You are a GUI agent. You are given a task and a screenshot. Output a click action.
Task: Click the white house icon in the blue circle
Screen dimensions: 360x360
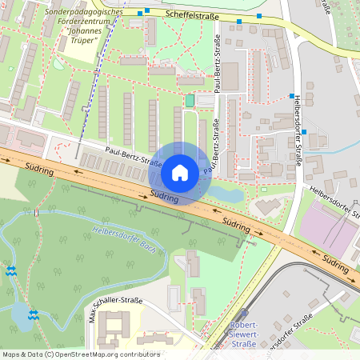(x=180, y=173)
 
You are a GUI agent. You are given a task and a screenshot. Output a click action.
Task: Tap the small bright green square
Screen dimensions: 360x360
(x=190, y=101)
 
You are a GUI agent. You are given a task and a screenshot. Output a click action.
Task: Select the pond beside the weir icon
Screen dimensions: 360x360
(x=21, y=315)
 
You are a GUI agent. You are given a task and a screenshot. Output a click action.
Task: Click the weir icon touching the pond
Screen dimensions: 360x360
(x=33, y=314)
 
